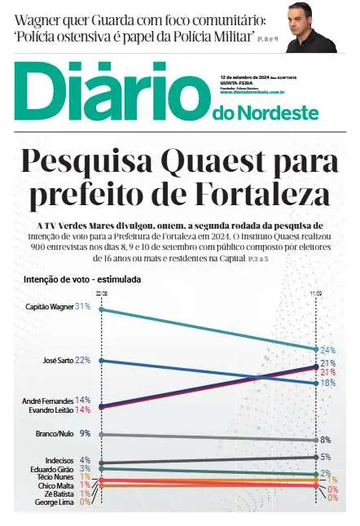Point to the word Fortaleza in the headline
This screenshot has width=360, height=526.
pos(261,196)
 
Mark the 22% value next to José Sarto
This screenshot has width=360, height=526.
pos(82,360)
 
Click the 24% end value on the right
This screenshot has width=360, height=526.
pos(328,350)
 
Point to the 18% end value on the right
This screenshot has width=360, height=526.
pos(328,382)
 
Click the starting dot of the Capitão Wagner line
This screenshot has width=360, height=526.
pos(101,309)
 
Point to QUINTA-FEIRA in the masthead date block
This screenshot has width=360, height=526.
pos(235,85)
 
